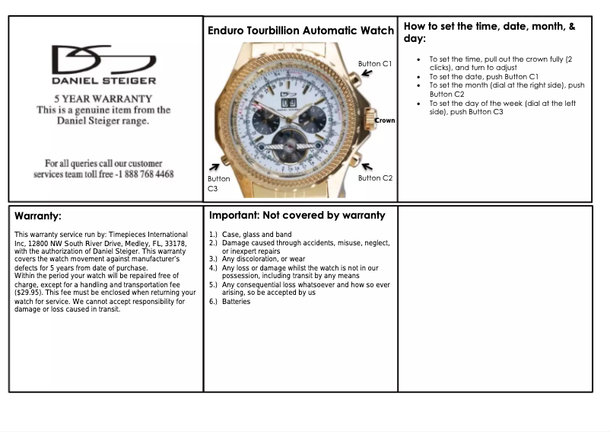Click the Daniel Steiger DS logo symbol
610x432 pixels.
pyautogui.click(x=103, y=59)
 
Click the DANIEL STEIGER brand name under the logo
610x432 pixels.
pyautogui.click(x=104, y=80)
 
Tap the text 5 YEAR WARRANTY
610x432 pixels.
pyautogui.click(x=103, y=99)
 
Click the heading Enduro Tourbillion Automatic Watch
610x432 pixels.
pyautogui.click(x=300, y=30)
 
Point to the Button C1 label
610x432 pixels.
pyautogui.click(x=375, y=64)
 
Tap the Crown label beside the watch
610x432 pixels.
pyautogui.click(x=385, y=120)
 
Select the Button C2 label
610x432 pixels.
pyautogui.click(x=375, y=178)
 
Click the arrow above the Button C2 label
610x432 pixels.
pyautogui.click(x=367, y=166)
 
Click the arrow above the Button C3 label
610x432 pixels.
pyautogui.click(x=214, y=166)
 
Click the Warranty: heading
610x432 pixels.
pyautogui.click(x=38, y=216)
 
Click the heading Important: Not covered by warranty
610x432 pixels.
pyautogui.click(x=297, y=216)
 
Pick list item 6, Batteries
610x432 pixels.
pyautogui.click(x=236, y=302)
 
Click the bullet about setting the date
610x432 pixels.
pyautogui.click(x=484, y=76)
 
